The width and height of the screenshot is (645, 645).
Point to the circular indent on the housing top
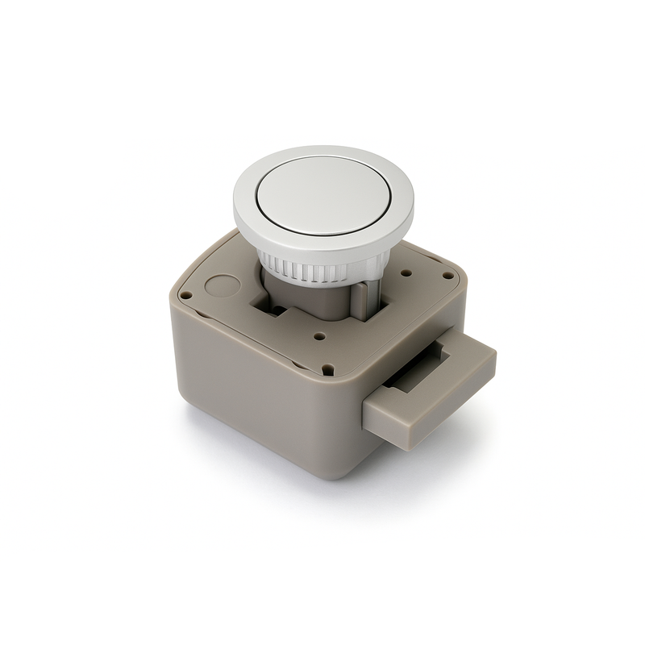point(223,285)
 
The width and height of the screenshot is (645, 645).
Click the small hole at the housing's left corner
point(185,296)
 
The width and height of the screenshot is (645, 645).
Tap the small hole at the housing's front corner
point(327,371)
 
